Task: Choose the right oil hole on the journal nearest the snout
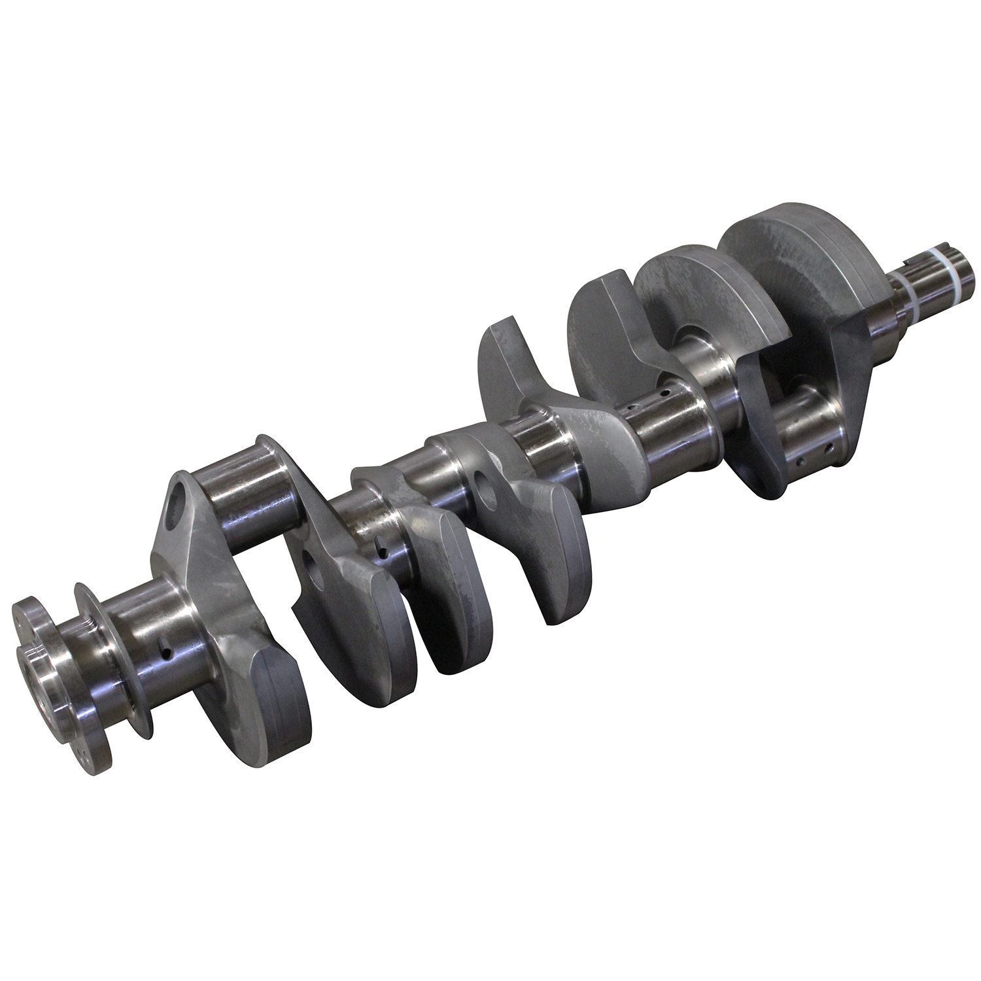(x=829, y=447)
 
